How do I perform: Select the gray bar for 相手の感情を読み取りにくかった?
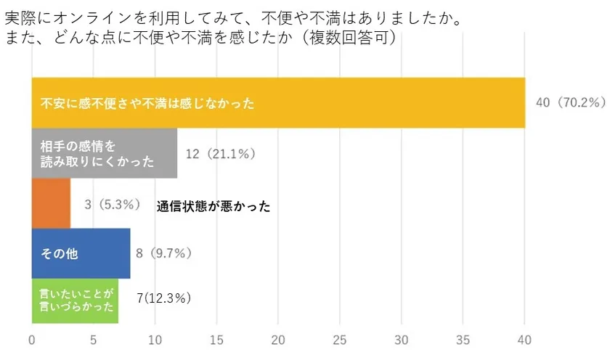pyautogui.click(x=104, y=153)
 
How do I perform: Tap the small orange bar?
pyautogui.click(x=51, y=204)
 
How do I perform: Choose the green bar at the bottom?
pyautogui.click(x=75, y=300)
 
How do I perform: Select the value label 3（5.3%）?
pyautogui.click(x=112, y=205)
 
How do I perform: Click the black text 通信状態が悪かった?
pyautogui.click(x=213, y=206)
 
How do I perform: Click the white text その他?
pyautogui.click(x=59, y=255)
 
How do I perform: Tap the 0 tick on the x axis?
pyautogui.click(x=32, y=340)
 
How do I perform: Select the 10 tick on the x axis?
pyautogui.click(x=155, y=340)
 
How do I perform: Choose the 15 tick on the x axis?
pyautogui.click(x=216, y=340)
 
